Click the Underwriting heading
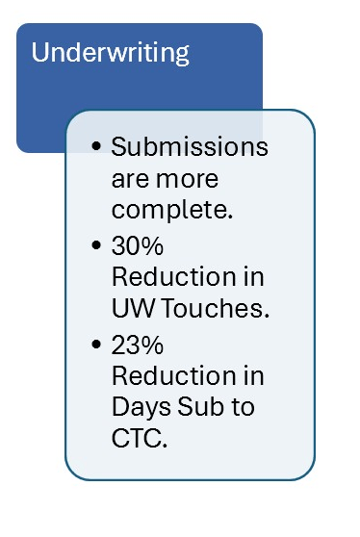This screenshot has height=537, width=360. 111,52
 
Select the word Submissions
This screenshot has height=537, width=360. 190,148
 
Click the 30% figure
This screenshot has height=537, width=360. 140,246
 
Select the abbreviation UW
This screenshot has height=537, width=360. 134,309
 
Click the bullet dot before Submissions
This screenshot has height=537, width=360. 95,148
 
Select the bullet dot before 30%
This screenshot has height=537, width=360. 95,246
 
